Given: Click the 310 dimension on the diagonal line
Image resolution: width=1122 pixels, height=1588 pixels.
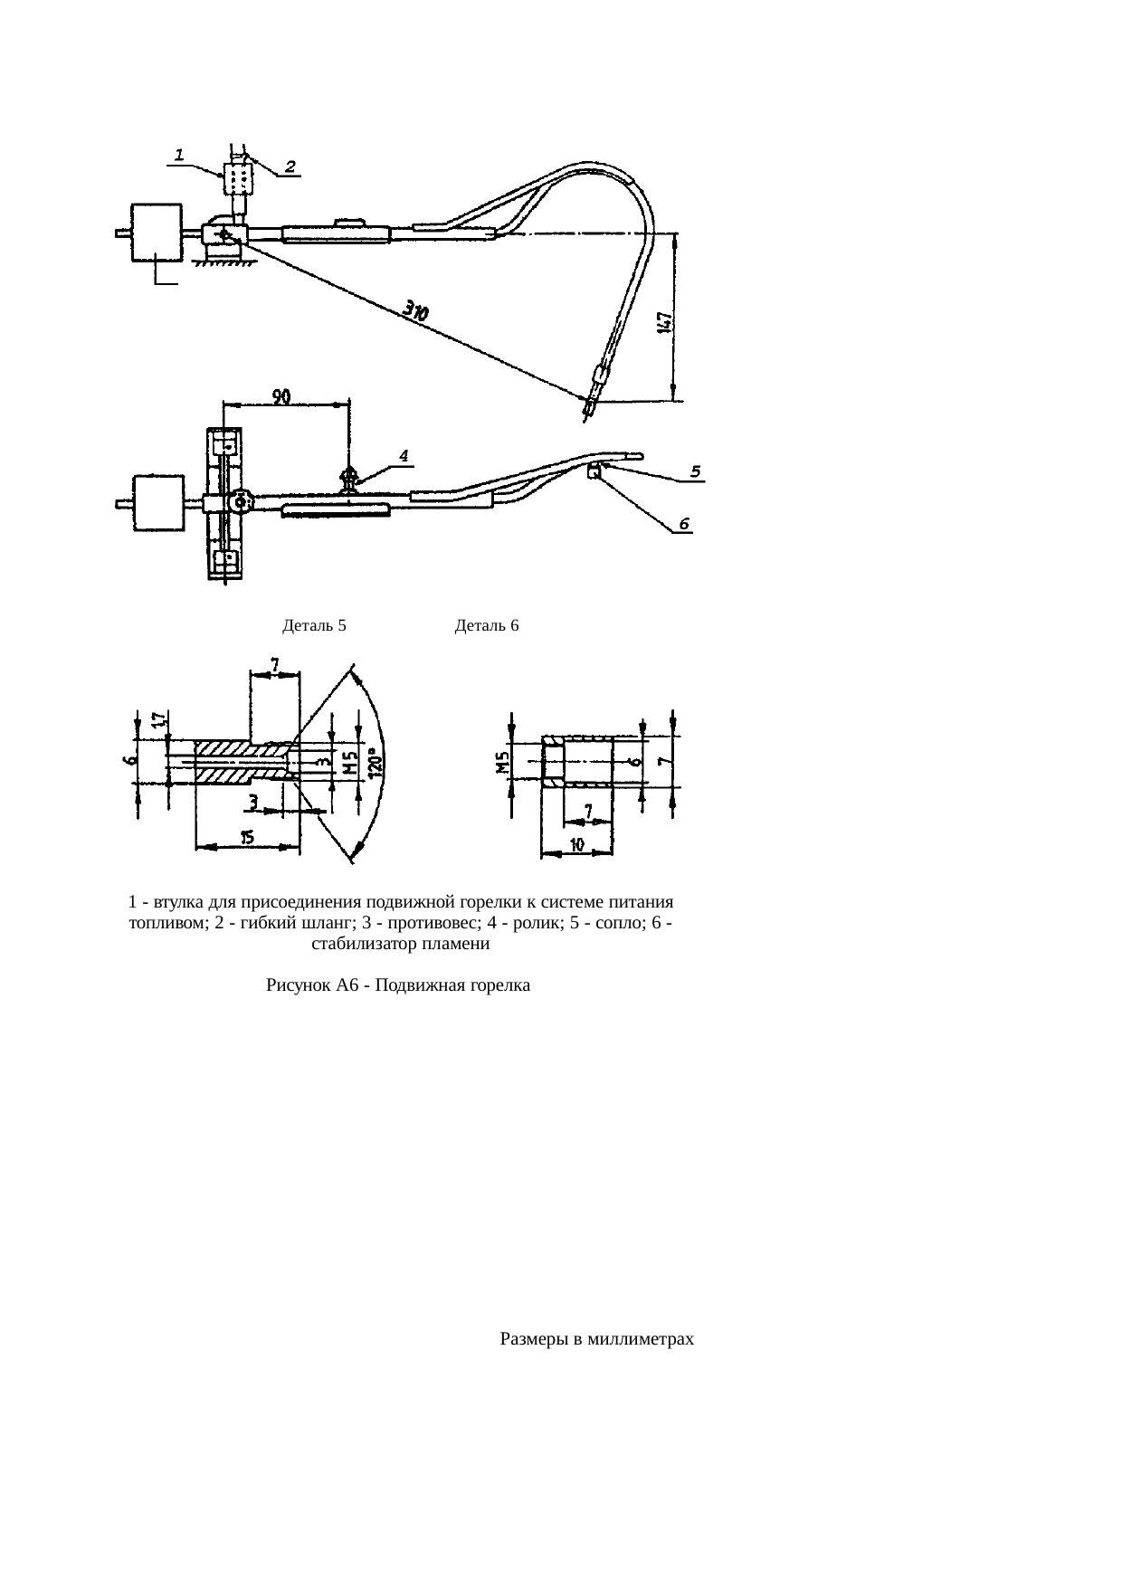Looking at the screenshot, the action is [416, 312].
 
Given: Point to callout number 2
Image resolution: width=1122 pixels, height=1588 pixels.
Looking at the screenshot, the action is [290, 166].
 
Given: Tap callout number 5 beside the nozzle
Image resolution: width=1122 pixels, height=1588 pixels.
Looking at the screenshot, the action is [695, 471].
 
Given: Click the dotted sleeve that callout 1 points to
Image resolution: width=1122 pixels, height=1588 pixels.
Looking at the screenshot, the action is [239, 178].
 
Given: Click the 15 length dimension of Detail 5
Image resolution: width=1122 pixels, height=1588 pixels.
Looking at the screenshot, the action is [247, 838].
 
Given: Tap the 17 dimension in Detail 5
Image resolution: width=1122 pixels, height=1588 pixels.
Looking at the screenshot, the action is [157, 721].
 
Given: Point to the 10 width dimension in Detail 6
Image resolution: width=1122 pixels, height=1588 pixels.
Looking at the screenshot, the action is [575, 844].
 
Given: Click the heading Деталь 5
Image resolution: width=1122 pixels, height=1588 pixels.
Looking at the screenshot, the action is [315, 625].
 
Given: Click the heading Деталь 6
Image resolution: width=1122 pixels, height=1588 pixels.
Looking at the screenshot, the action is [487, 625].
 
